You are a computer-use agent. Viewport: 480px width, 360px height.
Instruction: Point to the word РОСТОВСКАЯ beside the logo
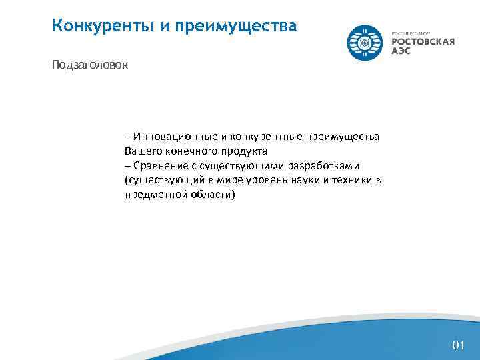[423, 42]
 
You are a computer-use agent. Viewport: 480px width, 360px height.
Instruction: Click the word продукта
[244, 151]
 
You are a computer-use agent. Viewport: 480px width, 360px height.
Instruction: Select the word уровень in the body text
[263, 180]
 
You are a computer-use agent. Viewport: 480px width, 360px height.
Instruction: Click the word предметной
[151, 195]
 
